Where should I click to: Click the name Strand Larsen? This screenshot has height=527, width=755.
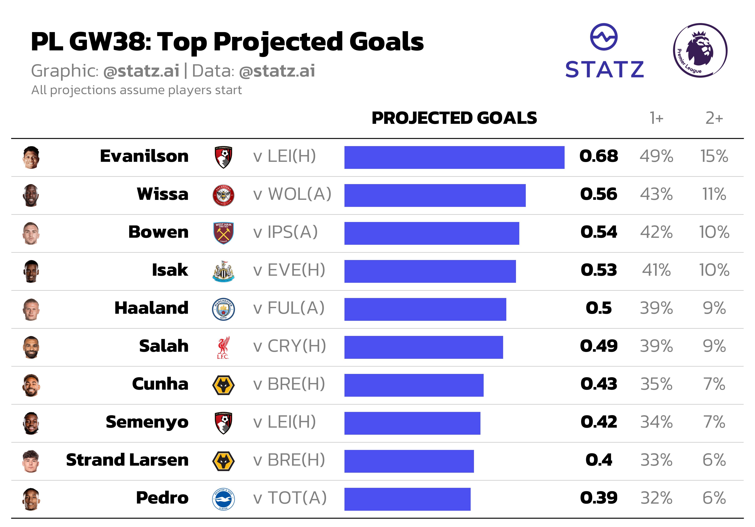click(x=127, y=460)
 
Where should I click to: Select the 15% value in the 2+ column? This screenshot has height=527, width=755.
click(x=714, y=156)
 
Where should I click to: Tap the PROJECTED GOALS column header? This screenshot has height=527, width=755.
click(x=454, y=118)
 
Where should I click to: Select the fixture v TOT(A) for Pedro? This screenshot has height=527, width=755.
click(x=290, y=498)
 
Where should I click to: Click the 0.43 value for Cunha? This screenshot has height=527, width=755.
click(x=598, y=384)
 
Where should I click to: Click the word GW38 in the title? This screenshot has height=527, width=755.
click(x=110, y=42)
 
